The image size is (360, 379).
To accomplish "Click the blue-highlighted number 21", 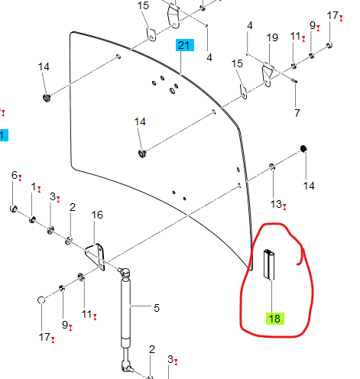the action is pos(185,45).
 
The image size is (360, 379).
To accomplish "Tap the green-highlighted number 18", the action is pos(274,319).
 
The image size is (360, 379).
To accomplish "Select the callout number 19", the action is pos(272,37).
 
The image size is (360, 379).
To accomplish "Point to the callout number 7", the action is pos(297,113).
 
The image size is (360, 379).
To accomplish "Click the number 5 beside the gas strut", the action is pos(157,308).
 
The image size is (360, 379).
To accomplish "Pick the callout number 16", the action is pos(97,215).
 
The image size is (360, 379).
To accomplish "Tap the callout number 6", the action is pos(15,175).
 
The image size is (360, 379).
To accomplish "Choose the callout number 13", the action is pos(276,204).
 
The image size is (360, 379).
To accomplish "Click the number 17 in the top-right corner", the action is pos(332,15).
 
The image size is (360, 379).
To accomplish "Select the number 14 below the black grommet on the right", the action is pos(309,186).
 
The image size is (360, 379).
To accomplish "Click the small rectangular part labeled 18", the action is pos(269,264).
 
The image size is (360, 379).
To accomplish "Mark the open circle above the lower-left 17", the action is pos(41,300).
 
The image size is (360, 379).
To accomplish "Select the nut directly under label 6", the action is pos(14,209).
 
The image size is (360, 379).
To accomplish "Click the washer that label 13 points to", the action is pos(272,167).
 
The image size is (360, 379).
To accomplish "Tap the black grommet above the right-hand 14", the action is pos(303,148).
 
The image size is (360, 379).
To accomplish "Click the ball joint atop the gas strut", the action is pos(125,273).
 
